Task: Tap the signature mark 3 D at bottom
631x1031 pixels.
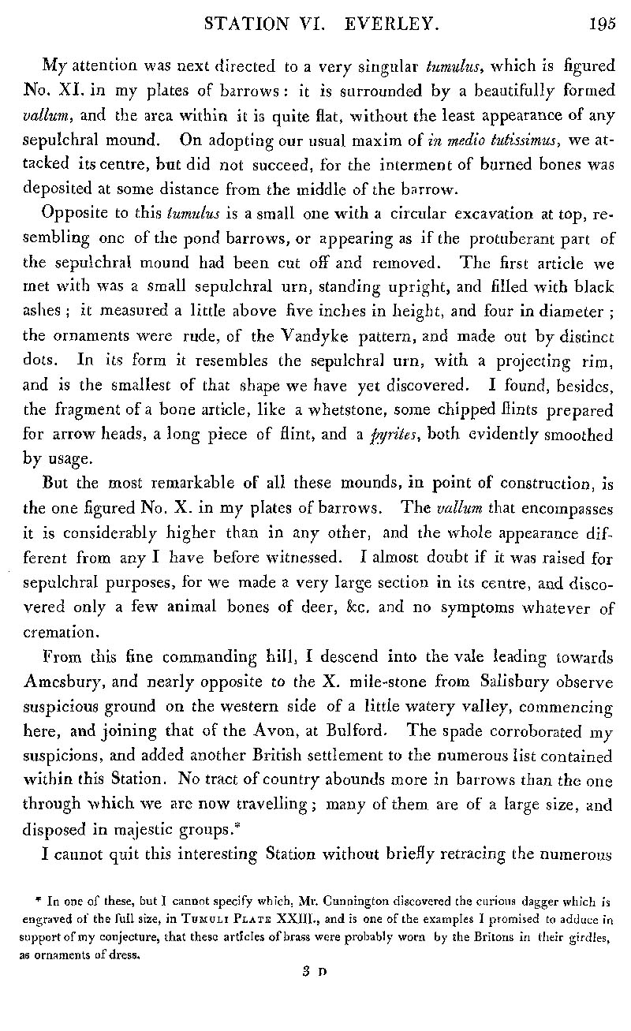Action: click(310, 973)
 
